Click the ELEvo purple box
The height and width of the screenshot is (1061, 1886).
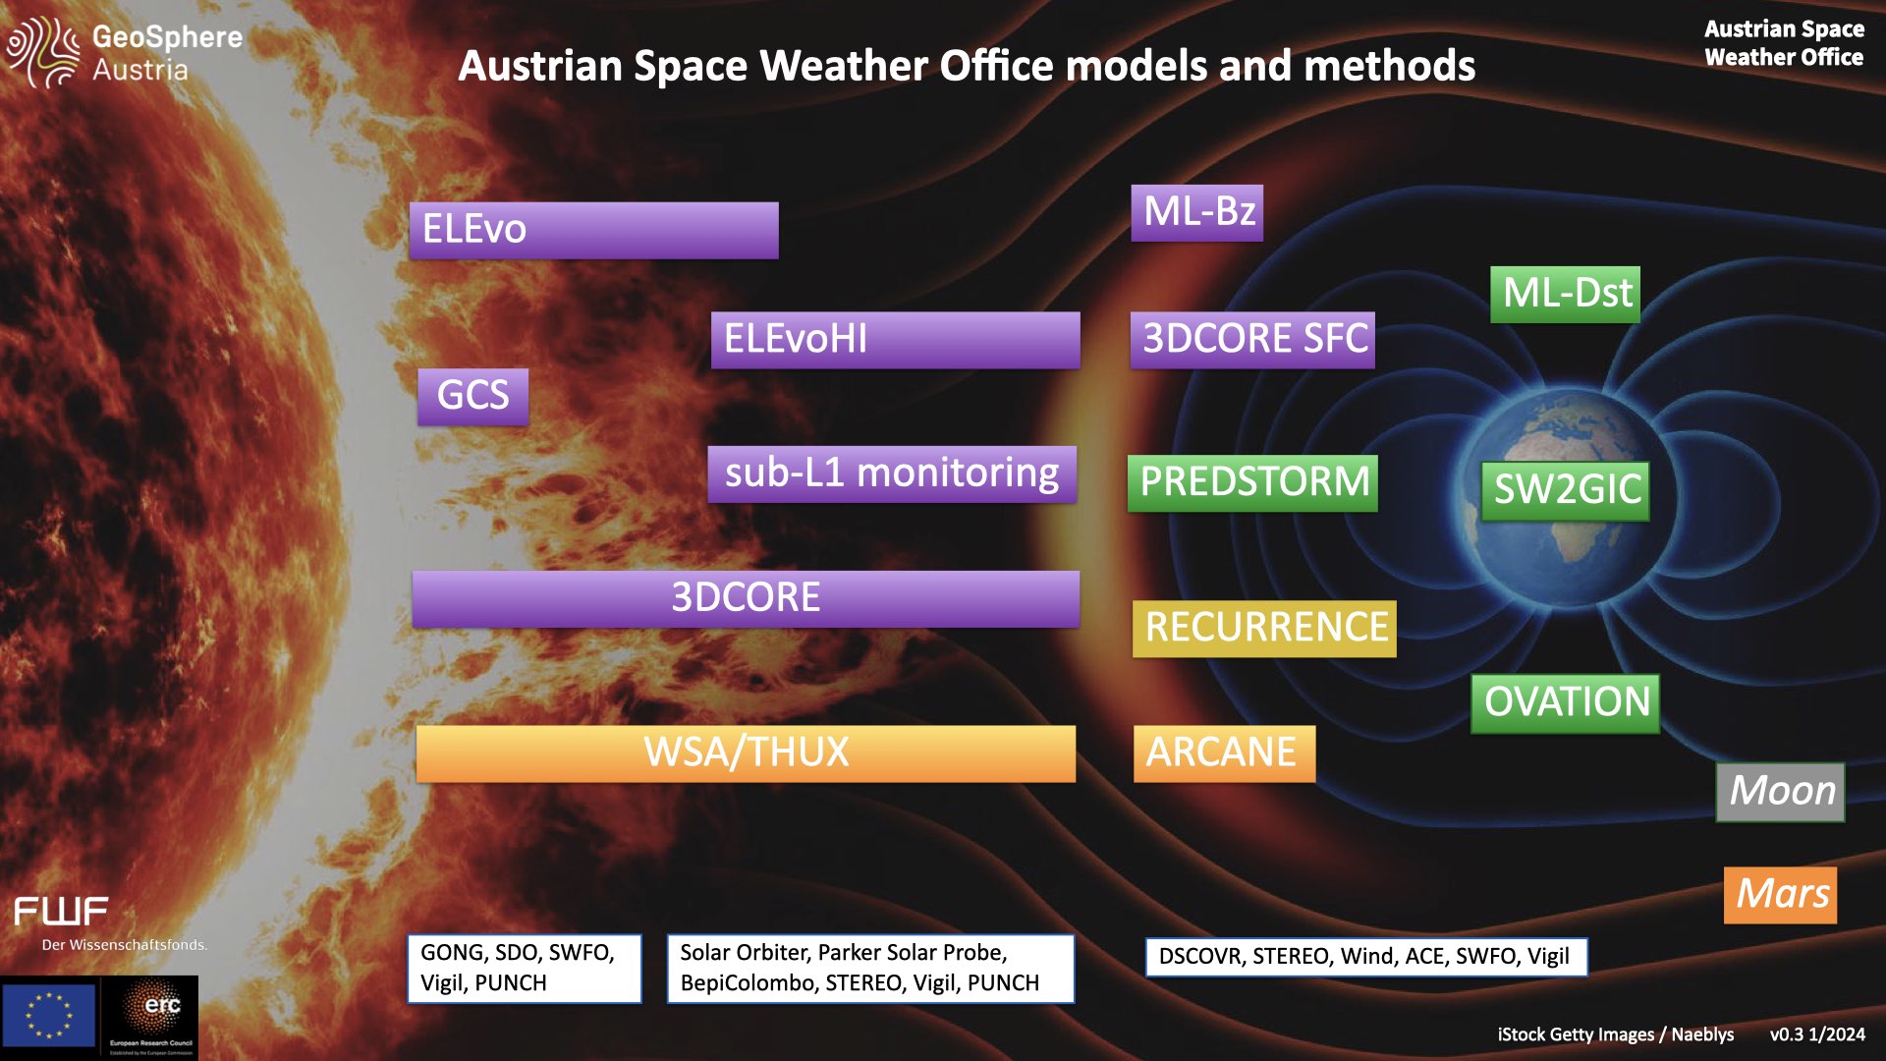pyautogui.click(x=593, y=230)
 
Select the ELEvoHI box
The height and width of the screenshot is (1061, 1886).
pyautogui.click(x=895, y=340)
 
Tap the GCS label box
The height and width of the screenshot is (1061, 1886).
pyautogui.click(x=472, y=396)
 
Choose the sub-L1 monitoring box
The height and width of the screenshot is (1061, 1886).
pyautogui.click(x=892, y=474)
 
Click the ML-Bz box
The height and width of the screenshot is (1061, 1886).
pyautogui.click(x=1196, y=212)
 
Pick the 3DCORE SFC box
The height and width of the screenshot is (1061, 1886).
pyautogui.click(x=1252, y=340)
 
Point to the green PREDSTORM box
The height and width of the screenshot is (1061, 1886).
pyautogui.click(x=1252, y=482)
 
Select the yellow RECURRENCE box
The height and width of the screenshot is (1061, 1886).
pyautogui.click(x=1264, y=629)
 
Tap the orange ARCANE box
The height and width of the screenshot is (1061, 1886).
pyautogui.click(x=1224, y=754)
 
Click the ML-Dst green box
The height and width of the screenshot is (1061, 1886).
pyautogui.click(x=1565, y=294)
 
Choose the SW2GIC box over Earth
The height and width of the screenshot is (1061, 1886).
pyautogui.click(x=1565, y=490)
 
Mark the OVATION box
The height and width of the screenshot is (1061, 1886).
pyautogui.click(x=1565, y=703)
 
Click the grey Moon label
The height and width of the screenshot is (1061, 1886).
pyautogui.click(x=1780, y=792)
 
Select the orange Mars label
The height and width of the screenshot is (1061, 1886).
pyautogui.click(x=1780, y=895)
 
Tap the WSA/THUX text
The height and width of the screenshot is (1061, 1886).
pyautogui.click(x=747, y=754)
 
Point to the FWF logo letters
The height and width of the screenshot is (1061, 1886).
pyautogui.click(x=61, y=912)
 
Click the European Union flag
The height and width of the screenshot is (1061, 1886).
pyautogui.click(x=49, y=1015)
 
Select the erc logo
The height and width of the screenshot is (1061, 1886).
pyautogui.click(x=150, y=1017)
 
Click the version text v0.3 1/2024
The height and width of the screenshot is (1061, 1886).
pyautogui.click(x=1817, y=1034)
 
